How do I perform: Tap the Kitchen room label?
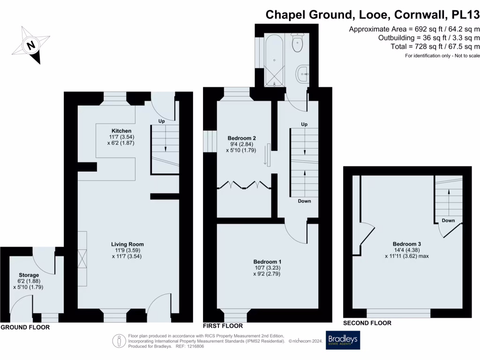coord(121,130)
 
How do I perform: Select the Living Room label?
coord(127,244)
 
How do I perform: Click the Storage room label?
coord(29,275)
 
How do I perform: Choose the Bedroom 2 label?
coord(241,138)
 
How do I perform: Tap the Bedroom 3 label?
coord(406,244)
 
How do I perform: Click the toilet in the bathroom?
coord(297,43)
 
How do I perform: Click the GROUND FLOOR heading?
coord(25,327)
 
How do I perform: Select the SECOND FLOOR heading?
coord(367,323)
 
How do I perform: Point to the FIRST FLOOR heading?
coord(223,326)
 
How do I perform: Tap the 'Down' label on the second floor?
coord(448,220)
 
